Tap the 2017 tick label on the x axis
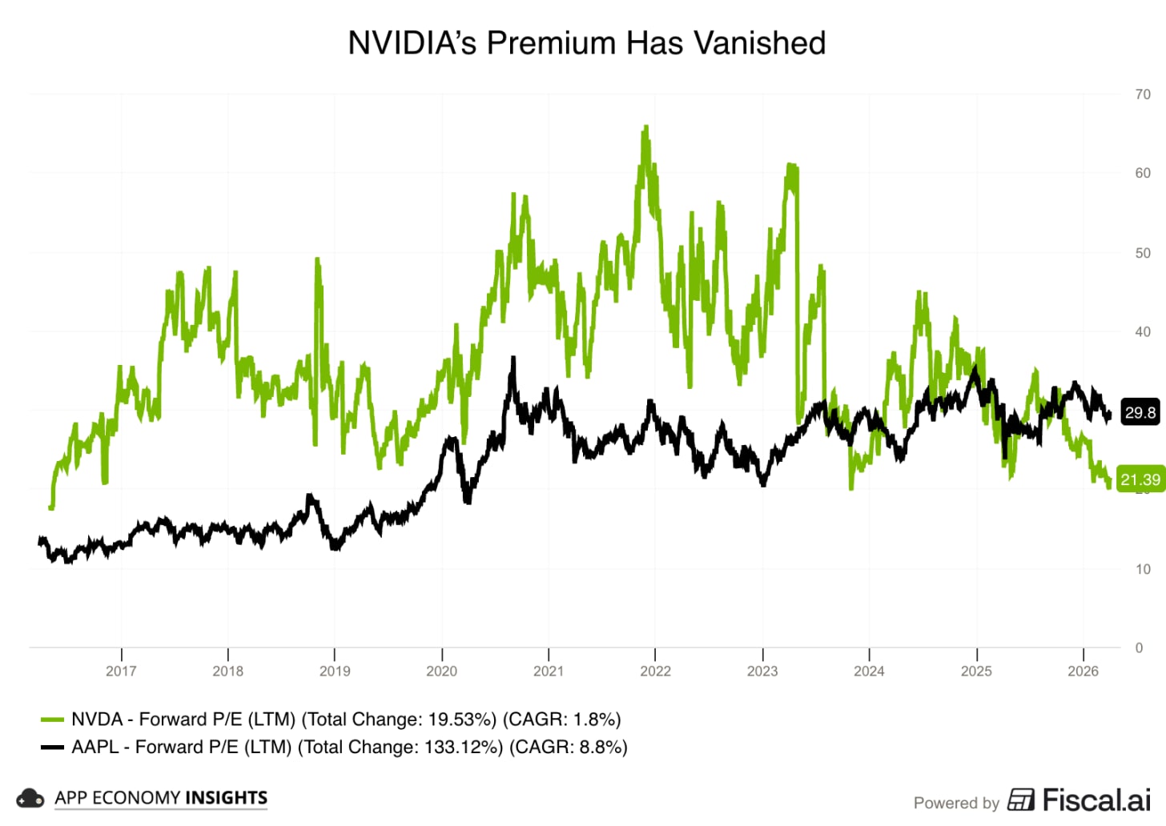(x=121, y=671)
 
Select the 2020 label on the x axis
(x=441, y=671)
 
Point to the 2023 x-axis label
(x=762, y=671)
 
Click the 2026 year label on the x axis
(x=1083, y=671)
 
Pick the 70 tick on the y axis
(x=1143, y=94)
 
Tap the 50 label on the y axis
(x=1143, y=253)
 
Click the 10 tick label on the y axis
(x=1143, y=569)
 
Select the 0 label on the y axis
(x=1139, y=648)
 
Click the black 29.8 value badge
(x=1140, y=413)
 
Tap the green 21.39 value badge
(x=1140, y=479)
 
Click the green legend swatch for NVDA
(x=52, y=720)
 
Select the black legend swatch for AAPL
(x=52, y=747)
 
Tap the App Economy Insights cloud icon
(x=30, y=798)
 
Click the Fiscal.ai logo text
(x=1096, y=800)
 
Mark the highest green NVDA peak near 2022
(x=645, y=127)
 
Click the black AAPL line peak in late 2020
(x=513, y=359)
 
